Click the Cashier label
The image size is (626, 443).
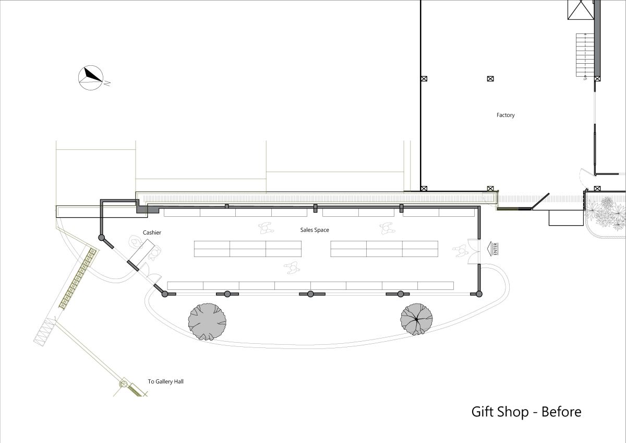(x=152, y=232)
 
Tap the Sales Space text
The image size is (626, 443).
(x=315, y=230)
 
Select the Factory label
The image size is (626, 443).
(x=505, y=115)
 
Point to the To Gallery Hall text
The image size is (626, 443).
(x=165, y=381)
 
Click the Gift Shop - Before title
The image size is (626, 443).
(x=526, y=412)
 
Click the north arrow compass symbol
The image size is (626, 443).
(x=91, y=78)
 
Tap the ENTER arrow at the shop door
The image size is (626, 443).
(x=492, y=249)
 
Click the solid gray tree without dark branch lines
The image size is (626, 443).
(x=207, y=322)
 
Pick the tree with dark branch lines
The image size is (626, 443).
(x=416, y=319)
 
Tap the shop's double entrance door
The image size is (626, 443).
(x=474, y=252)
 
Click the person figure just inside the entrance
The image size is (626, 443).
(x=461, y=250)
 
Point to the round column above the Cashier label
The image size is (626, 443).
(x=101, y=238)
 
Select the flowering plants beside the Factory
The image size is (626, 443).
(x=606, y=214)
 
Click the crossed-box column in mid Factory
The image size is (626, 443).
(x=490, y=79)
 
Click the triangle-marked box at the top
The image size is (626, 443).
(x=581, y=10)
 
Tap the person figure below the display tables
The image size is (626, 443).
(x=292, y=268)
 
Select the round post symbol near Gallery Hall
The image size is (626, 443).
(x=124, y=384)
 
